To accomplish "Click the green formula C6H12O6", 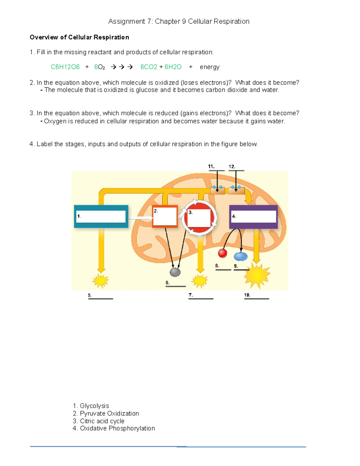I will (65, 67).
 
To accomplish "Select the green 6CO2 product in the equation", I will (148, 67).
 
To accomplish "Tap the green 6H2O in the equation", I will (173, 67).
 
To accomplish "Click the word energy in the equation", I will (210, 67).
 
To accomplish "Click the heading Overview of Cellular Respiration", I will (79, 37).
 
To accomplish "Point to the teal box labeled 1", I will (101, 216).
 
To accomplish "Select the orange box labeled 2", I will (165, 216).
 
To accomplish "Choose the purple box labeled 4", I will (253, 217).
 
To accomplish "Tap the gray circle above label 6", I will (175, 272).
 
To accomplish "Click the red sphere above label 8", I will (222, 253).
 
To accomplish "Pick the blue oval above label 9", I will (241, 256).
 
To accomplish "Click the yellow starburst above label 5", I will (100, 281).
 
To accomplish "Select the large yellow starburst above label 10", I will (257, 276).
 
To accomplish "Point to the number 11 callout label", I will (211, 167).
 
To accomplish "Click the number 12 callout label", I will (232, 167).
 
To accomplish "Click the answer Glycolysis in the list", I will (94, 406).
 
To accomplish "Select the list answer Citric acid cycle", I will (102, 421).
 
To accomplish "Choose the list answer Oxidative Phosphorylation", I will (117, 428).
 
